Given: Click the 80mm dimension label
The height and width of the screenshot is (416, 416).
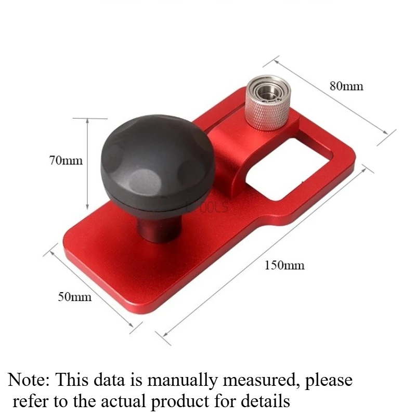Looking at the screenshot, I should click(x=346, y=86).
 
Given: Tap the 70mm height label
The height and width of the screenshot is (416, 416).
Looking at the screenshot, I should click(x=66, y=160).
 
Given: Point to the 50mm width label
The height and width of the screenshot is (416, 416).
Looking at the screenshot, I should click(x=74, y=296).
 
